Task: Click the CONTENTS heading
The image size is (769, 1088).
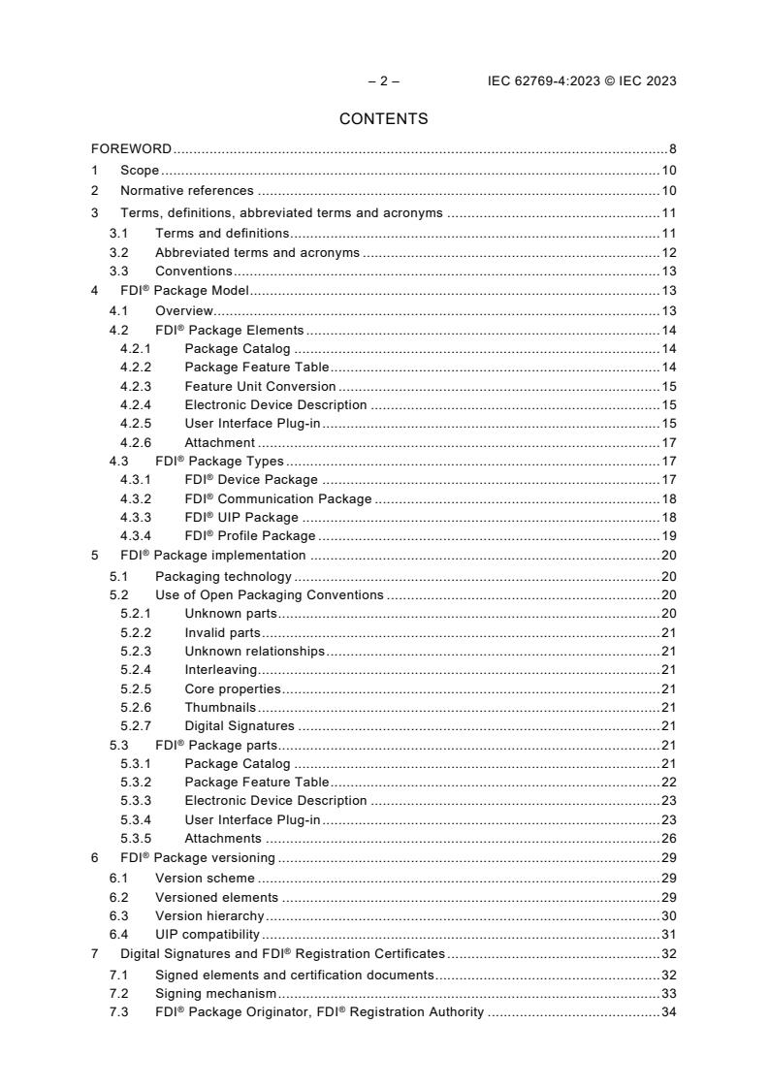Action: coord(383,119)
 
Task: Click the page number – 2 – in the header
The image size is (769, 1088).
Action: coord(384,81)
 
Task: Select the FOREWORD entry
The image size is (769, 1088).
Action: coord(131,149)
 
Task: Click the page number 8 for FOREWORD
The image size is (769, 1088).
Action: coord(672,149)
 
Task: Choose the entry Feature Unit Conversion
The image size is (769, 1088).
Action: coord(260,386)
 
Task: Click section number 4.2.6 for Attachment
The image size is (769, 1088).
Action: coord(137,443)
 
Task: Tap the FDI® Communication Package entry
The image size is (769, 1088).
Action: coord(277,498)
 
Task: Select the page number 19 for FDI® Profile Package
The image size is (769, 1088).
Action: coord(668,535)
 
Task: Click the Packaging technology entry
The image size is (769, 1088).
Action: coord(223,577)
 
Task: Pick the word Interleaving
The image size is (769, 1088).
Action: coord(220,669)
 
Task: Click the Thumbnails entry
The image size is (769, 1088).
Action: coord(219,707)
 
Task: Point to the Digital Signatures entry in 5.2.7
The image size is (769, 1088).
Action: coord(239,725)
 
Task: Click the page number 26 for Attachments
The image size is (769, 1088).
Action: coord(668,838)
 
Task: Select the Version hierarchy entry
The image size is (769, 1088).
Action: coord(208,915)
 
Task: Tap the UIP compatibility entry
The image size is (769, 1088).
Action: coord(207,935)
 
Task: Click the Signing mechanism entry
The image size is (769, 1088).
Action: coord(215,994)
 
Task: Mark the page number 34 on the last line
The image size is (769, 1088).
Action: coord(668,1012)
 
